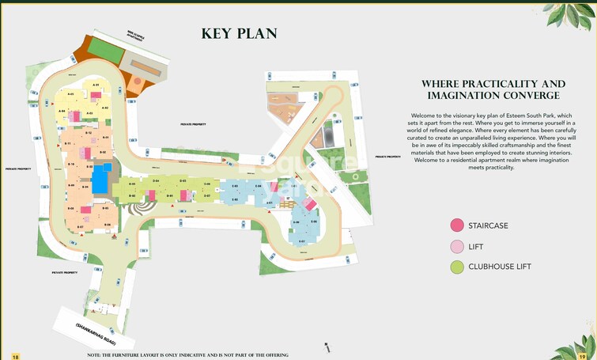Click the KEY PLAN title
coord(239,33)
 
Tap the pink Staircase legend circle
coord(456,225)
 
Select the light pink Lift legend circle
coord(456,246)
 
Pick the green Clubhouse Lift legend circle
coord(456,267)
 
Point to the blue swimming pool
coord(101,180)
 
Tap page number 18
coord(14,356)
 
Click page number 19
coord(582,356)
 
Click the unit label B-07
coord(80,227)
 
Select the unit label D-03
coord(182,181)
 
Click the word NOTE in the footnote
coord(95,355)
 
